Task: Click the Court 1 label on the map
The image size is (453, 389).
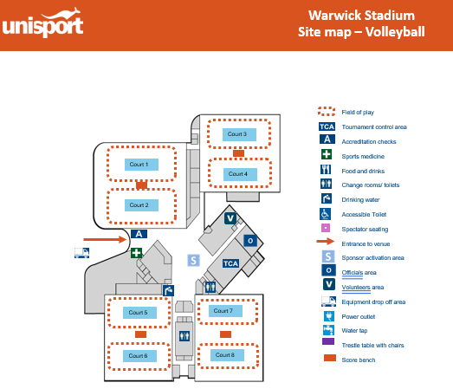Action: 141,165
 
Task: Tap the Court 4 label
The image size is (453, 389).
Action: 240,174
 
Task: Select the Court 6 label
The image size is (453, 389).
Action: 139,356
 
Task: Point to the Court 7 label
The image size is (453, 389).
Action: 225,311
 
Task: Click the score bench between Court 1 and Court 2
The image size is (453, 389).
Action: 141,185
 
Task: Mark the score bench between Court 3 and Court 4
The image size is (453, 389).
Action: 238,153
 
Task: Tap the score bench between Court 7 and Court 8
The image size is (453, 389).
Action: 225,334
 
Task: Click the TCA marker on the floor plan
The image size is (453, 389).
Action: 230,263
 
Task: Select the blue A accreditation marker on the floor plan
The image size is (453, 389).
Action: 139,234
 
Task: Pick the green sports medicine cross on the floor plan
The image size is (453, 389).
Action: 136,253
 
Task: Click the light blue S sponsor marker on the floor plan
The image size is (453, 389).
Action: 193,261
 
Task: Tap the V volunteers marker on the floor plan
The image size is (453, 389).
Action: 230,218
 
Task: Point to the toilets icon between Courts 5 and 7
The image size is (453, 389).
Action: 184,336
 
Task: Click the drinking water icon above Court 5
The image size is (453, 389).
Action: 168,290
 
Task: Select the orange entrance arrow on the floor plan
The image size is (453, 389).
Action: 105,239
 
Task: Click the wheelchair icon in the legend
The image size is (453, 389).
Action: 326,214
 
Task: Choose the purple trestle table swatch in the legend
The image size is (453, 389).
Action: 328,341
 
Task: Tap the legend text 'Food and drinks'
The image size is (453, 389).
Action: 363,171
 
